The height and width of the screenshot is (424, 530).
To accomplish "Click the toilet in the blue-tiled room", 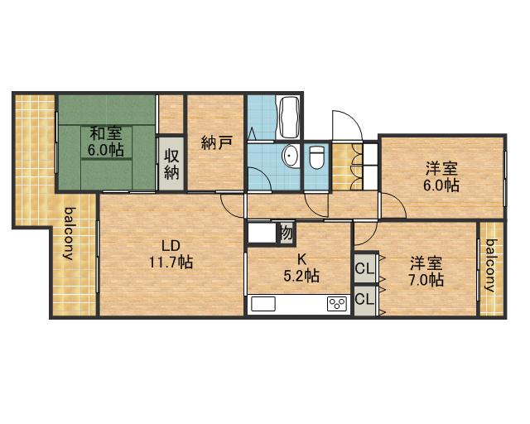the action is click(x=316, y=157).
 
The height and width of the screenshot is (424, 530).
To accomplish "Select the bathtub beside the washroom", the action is click(x=287, y=117).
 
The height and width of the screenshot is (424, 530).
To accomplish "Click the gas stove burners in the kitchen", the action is click(x=337, y=303).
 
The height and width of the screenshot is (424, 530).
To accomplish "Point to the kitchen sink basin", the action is click(x=263, y=303).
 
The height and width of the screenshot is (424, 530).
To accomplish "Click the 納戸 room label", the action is click(x=216, y=142).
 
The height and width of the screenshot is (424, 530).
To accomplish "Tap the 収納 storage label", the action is click(x=171, y=165).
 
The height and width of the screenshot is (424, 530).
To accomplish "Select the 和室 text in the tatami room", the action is click(x=105, y=132).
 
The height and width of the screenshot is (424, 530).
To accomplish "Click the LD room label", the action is click(x=171, y=246).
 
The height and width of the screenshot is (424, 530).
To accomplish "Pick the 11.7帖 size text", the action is click(x=171, y=262).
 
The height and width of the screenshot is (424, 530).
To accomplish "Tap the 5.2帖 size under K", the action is click(x=301, y=276).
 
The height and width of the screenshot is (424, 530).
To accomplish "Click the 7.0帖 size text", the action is click(x=426, y=280).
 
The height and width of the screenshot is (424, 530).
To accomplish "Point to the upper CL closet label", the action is click(x=364, y=269).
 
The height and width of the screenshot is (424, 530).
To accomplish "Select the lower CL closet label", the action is click(x=364, y=299).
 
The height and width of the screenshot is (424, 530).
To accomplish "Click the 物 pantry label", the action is click(x=286, y=233).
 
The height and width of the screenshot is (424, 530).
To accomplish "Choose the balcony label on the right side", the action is click(x=491, y=265).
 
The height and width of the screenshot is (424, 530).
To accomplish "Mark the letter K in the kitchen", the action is click(x=301, y=260).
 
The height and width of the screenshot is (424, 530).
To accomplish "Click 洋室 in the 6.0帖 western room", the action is click(x=441, y=169).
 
